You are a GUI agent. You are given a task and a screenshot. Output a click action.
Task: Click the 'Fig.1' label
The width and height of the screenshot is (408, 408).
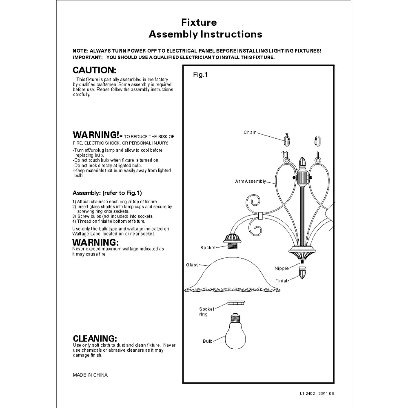pyautogui.click(x=200, y=75)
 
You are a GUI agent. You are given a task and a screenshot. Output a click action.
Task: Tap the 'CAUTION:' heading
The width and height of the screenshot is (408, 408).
pyautogui.click(x=95, y=70)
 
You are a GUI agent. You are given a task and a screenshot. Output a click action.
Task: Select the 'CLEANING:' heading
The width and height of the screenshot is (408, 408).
pyautogui.click(x=95, y=338)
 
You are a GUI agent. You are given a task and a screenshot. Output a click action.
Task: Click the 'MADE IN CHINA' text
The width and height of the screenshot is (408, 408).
pyautogui.click(x=90, y=375)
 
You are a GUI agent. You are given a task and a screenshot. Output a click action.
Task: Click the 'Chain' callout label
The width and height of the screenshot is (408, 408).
pyautogui.click(x=250, y=133)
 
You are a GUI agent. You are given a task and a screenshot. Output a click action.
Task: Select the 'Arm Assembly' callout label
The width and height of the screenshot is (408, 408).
pyautogui.click(x=251, y=181)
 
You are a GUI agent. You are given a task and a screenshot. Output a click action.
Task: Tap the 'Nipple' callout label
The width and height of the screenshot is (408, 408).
pyautogui.click(x=282, y=268)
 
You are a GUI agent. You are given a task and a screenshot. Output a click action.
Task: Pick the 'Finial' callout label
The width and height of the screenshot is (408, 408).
pyautogui.click(x=281, y=281)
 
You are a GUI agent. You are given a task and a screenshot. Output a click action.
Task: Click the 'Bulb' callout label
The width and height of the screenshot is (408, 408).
pyautogui.click(x=208, y=341)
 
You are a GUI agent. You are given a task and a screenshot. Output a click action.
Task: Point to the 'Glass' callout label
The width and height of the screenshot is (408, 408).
pyautogui.click(x=192, y=265)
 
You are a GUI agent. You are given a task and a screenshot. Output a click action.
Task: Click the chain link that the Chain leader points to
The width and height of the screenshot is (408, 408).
pyautogui.click(x=286, y=140)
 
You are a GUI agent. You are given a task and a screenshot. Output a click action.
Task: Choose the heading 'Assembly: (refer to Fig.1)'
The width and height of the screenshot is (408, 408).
pyautogui.click(x=107, y=193)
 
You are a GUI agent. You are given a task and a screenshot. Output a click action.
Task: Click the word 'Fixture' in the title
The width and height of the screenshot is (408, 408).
pyautogui.click(x=199, y=22)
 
